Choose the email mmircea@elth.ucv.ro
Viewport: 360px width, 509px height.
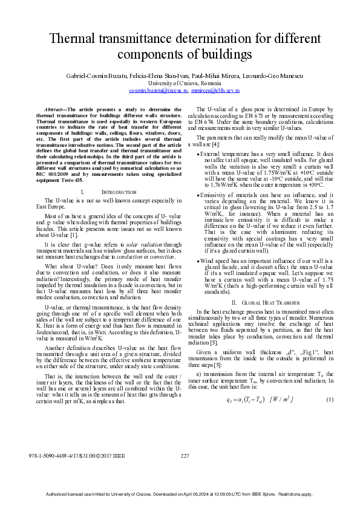(215, 90)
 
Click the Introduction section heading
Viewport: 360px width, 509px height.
(110, 158)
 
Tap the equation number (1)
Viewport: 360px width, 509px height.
(330, 400)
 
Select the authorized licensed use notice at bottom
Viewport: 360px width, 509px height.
(180, 494)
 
